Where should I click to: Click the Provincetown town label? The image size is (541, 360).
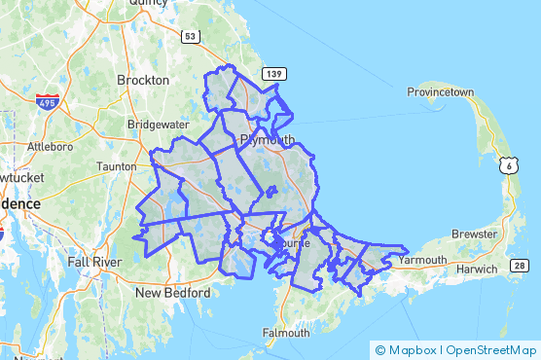tap(440, 92)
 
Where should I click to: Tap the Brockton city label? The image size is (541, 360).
tap(142, 80)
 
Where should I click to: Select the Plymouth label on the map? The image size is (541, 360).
tap(266, 140)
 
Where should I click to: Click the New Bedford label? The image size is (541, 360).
tap(172, 292)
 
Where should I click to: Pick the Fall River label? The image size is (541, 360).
tap(92, 262)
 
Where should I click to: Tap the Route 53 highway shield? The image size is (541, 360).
tap(191, 36)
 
